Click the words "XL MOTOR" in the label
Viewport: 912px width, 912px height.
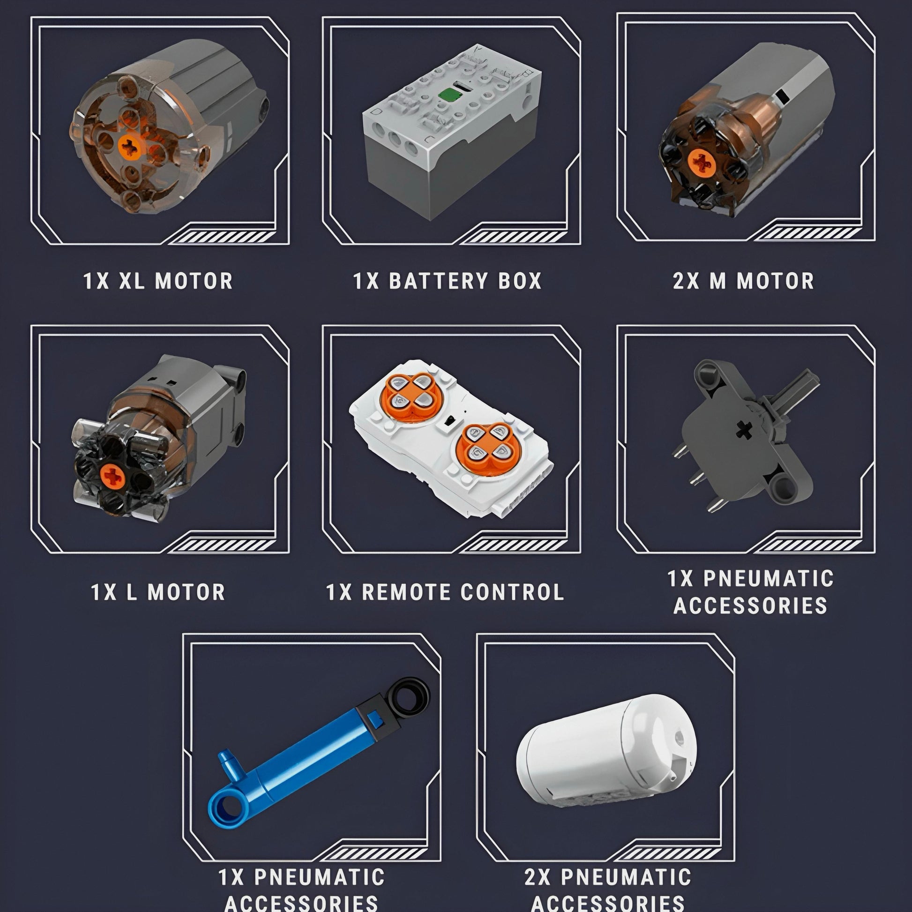[176, 281]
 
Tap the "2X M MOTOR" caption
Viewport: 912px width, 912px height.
[743, 281]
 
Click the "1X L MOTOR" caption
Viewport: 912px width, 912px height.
[158, 592]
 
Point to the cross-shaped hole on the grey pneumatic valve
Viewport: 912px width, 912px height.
[744, 430]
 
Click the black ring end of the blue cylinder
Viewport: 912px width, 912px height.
[409, 696]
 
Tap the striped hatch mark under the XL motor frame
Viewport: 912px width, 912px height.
[222, 238]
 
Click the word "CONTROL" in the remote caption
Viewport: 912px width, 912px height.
[512, 592]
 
